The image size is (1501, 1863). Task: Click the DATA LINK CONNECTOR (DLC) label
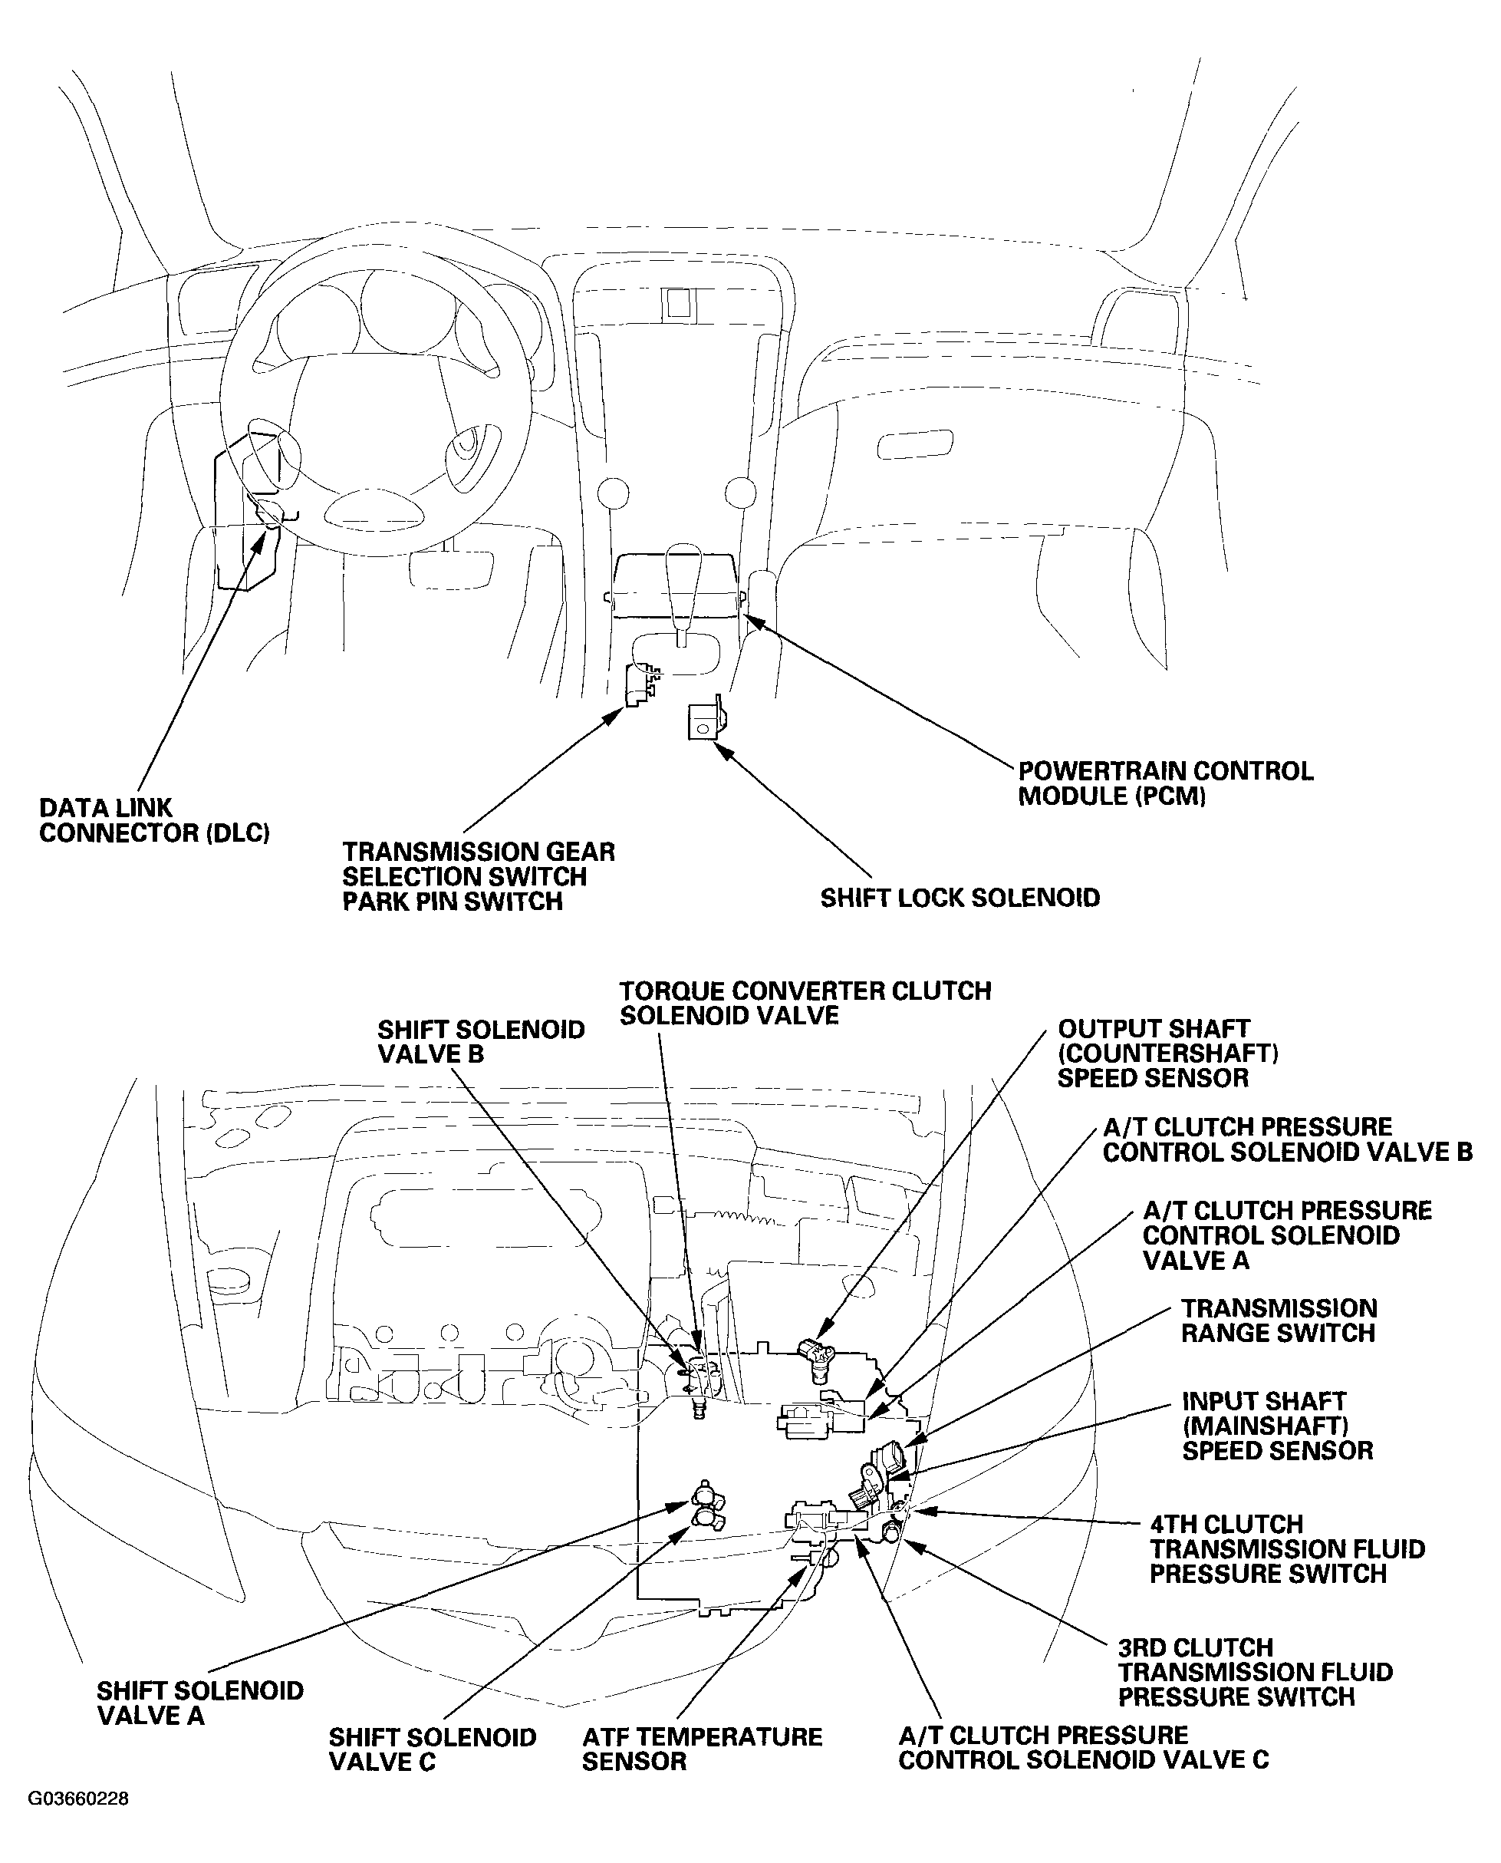point(154,821)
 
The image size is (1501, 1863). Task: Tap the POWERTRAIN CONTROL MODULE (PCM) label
point(1164,783)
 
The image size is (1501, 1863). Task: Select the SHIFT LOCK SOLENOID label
point(960,898)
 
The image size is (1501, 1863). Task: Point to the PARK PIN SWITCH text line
point(453,902)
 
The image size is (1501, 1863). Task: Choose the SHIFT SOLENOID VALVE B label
point(481,1041)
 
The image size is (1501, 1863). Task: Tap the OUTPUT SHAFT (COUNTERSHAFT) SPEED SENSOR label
point(1167,1054)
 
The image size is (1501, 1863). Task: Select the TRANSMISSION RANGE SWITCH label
point(1279,1321)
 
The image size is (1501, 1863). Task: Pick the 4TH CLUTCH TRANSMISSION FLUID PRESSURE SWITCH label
point(1286,1549)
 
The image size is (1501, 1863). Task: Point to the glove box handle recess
point(915,444)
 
